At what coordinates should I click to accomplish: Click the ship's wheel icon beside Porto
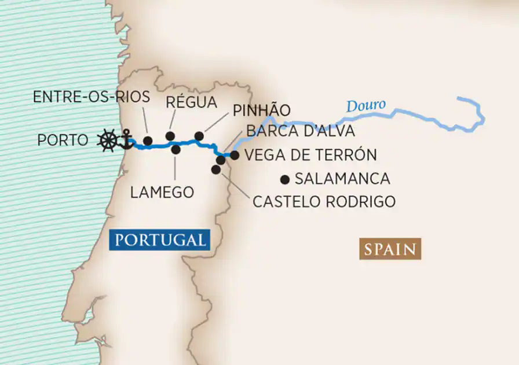(x=108, y=141)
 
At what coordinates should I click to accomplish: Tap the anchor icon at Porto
(x=125, y=139)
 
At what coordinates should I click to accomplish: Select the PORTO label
(x=63, y=140)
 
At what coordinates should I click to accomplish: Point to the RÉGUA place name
(x=191, y=102)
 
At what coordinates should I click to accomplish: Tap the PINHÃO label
(x=261, y=110)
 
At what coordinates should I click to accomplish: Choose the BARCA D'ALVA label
(x=300, y=131)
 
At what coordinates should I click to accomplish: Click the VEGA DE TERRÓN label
(x=310, y=155)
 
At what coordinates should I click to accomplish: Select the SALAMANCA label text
(x=342, y=179)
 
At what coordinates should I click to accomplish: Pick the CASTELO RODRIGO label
(x=324, y=201)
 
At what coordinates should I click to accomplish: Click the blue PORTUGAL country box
(x=160, y=240)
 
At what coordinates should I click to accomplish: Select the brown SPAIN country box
(x=390, y=249)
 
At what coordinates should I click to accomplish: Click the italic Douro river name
(x=366, y=106)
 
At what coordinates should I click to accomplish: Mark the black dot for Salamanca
(x=285, y=178)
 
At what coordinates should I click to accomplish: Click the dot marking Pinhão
(x=199, y=136)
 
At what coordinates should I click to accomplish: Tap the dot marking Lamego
(x=176, y=149)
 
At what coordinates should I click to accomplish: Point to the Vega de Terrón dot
(x=235, y=155)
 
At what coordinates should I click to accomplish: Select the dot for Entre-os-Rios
(x=148, y=141)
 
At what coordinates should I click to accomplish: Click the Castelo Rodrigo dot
(x=216, y=169)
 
